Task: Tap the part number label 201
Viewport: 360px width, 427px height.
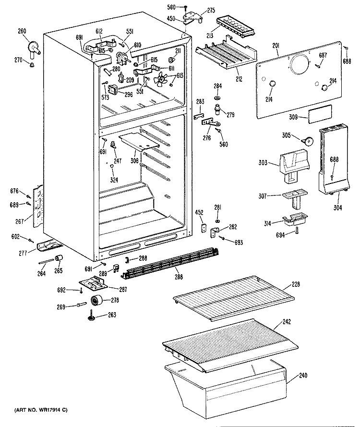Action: coord(276,46)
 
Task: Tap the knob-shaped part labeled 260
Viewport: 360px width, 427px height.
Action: coord(35,47)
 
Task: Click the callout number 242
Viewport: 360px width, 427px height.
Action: coord(300,320)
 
